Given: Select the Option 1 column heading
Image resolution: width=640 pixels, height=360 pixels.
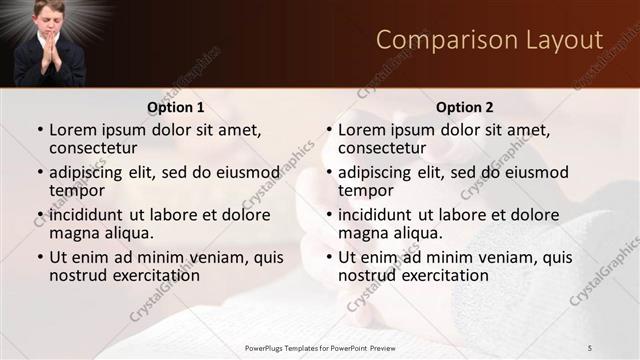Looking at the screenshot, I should pyautogui.click(x=176, y=107).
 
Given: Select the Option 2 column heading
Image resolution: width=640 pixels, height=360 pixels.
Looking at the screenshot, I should pyautogui.click(x=465, y=107).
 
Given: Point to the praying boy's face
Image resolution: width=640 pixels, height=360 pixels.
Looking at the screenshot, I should pyautogui.click(x=51, y=19).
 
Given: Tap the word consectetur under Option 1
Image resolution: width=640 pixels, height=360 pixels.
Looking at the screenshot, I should pyautogui.click(x=93, y=148).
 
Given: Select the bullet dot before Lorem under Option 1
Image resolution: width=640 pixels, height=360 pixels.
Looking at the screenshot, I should pyautogui.click(x=40, y=130).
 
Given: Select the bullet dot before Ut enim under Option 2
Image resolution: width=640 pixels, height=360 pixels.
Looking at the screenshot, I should pyautogui.click(x=329, y=257).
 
